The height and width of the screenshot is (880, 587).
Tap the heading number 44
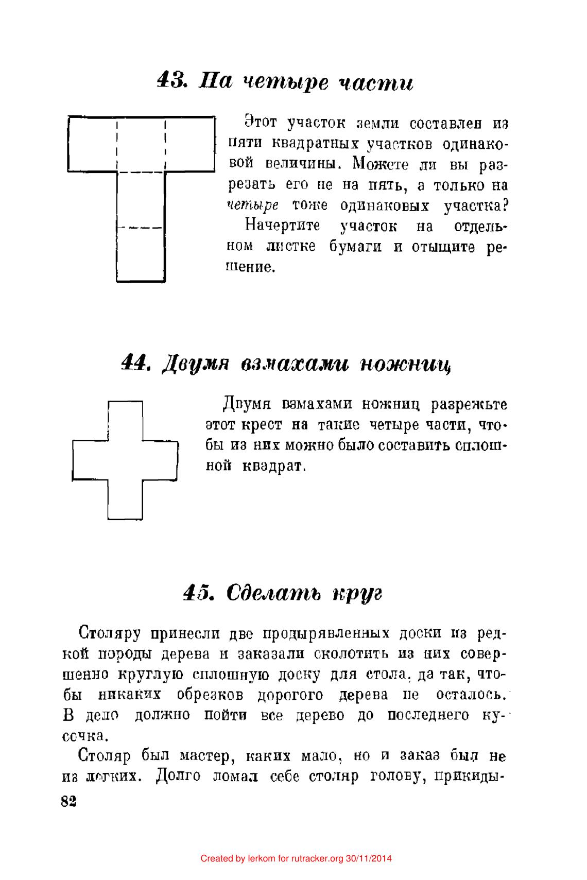coord(135,364)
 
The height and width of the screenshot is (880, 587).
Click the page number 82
coord(68,802)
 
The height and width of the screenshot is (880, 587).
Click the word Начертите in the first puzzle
coord(283,226)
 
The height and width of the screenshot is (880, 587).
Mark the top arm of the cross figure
coord(125,420)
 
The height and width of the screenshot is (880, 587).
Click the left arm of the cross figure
coord(90,460)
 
